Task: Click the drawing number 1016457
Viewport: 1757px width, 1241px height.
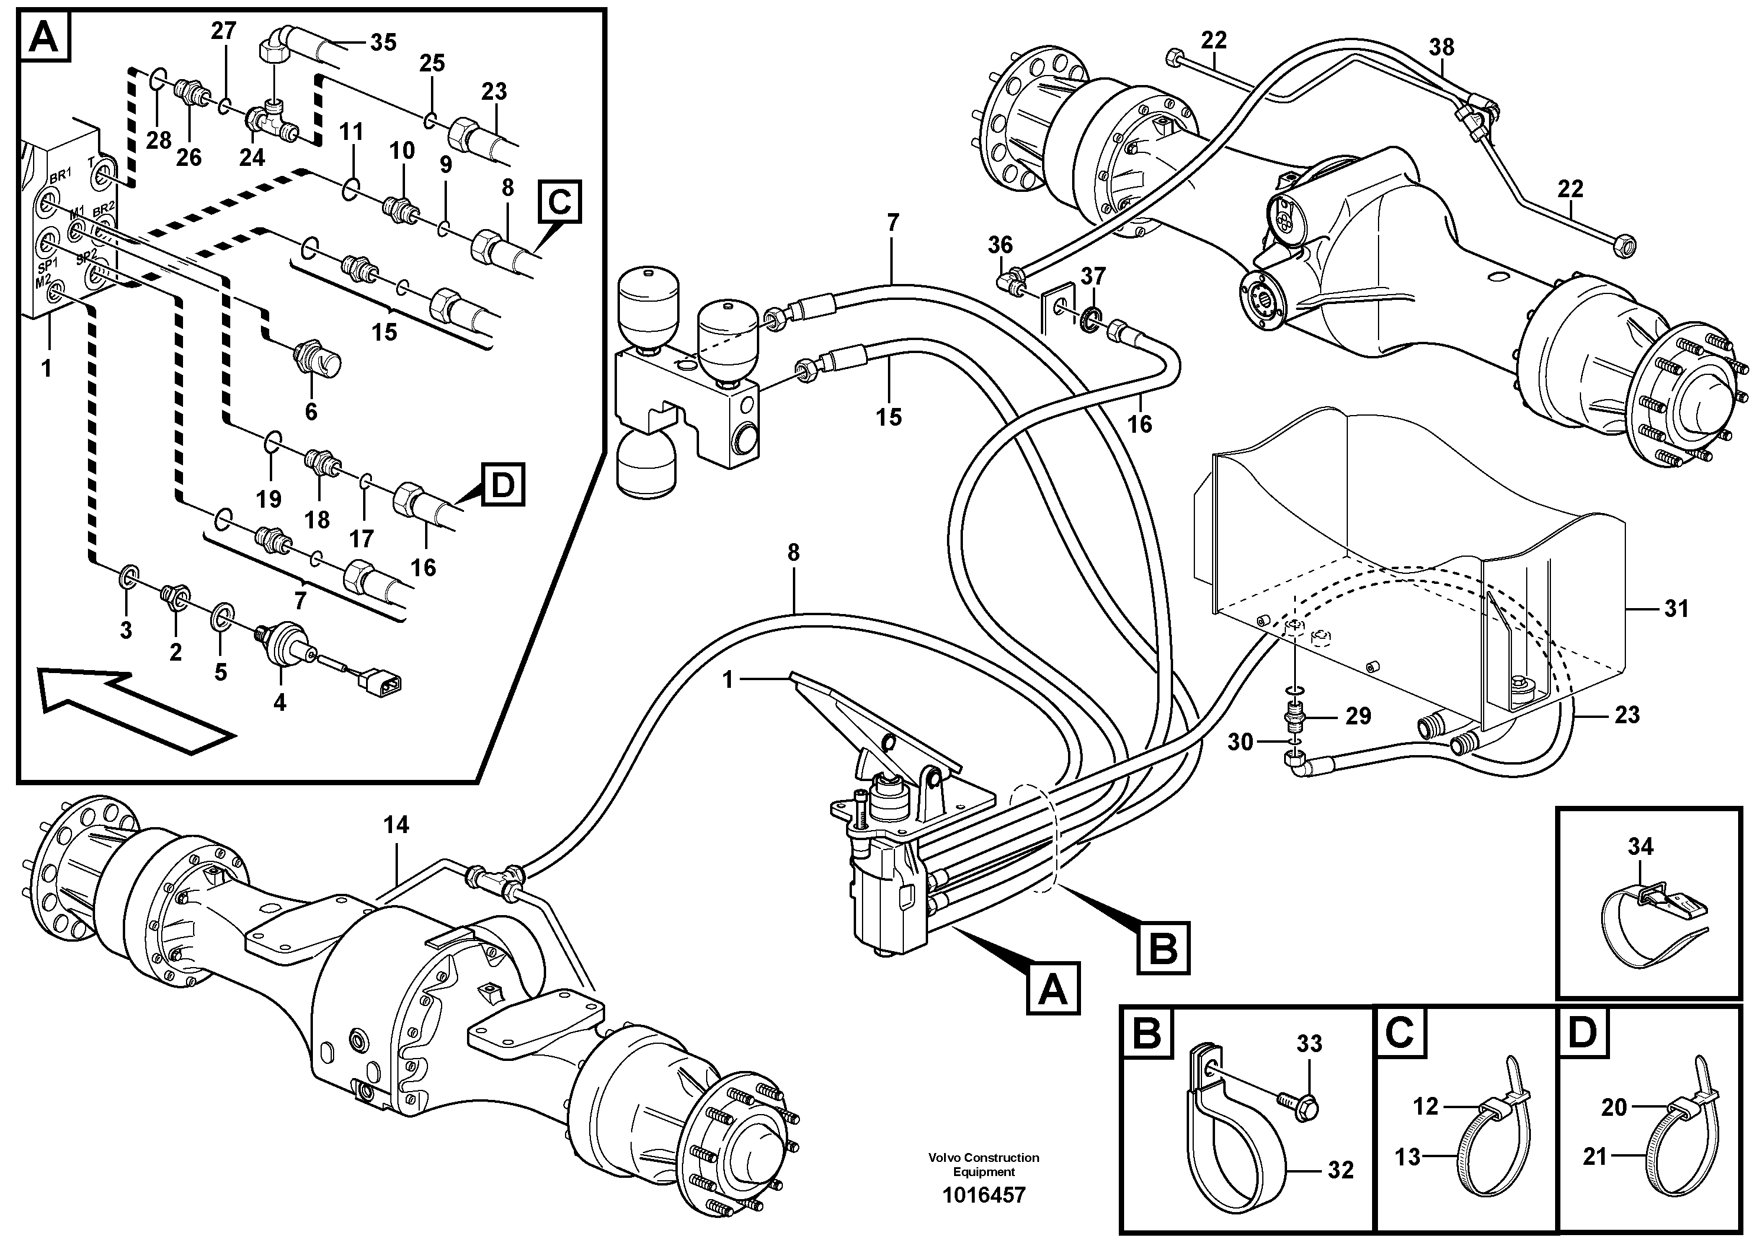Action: pyautogui.click(x=984, y=1195)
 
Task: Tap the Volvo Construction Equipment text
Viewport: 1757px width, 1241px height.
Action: pyautogui.click(x=984, y=1164)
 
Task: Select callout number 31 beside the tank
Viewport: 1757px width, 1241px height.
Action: pyautogui.click(x=1676, y=609)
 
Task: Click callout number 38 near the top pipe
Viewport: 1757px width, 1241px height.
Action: pyautogui.click(x=1442, y=47)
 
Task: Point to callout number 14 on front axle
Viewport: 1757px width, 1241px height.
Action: pyautogui.click(x=396, y=825)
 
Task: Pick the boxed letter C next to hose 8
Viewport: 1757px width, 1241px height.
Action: pyautogui.click(x=559, y=202)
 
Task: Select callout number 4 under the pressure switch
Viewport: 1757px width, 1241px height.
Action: pyautogui.click(x=279, y=701)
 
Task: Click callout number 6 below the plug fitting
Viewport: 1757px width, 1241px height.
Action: pyautogui.click(x=311, y=412)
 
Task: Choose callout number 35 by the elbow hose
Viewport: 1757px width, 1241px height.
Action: pyautogui.click(x=383, y=42)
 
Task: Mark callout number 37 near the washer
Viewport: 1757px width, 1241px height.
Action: pyautogui.click(x=1093, y=276)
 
